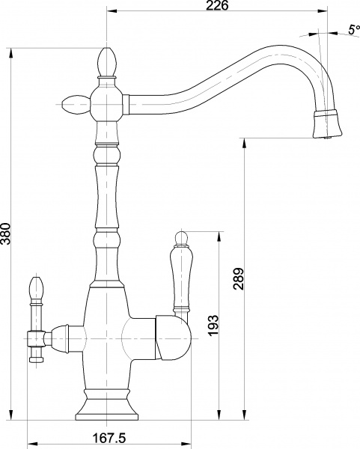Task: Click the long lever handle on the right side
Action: (180, 277)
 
